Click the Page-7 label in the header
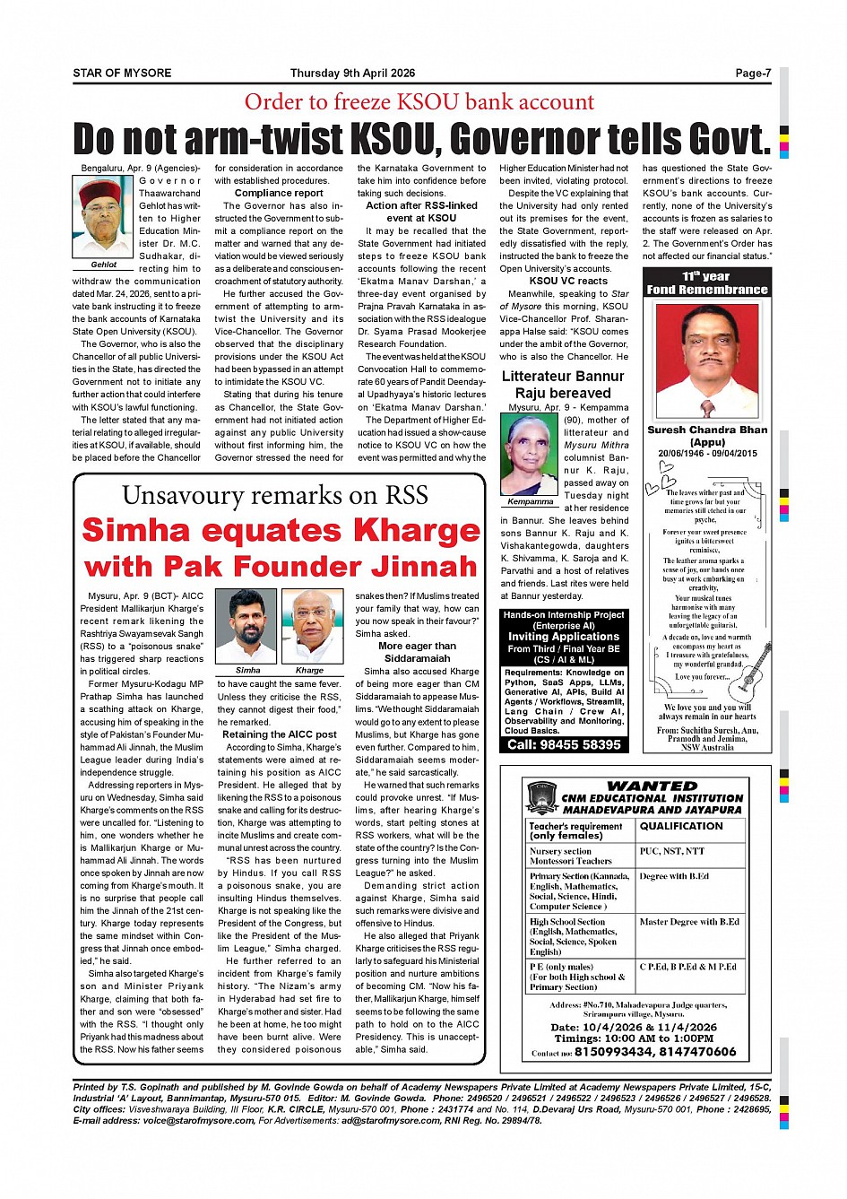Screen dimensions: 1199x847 752,74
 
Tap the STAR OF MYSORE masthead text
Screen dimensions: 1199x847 122,74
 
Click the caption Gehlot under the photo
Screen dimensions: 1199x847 103,265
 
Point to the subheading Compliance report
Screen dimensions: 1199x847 279,193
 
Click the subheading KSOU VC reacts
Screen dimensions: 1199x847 567,281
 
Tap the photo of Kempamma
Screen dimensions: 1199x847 530,453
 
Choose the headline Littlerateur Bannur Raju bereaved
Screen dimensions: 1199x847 563,385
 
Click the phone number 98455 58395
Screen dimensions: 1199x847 563,744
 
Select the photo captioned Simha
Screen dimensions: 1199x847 247,625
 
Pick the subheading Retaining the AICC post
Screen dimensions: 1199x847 279,734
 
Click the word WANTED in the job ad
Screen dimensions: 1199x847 652,786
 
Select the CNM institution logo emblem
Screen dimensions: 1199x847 542,797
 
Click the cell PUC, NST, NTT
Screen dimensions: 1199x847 672,851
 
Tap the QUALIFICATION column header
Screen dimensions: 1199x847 680,826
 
